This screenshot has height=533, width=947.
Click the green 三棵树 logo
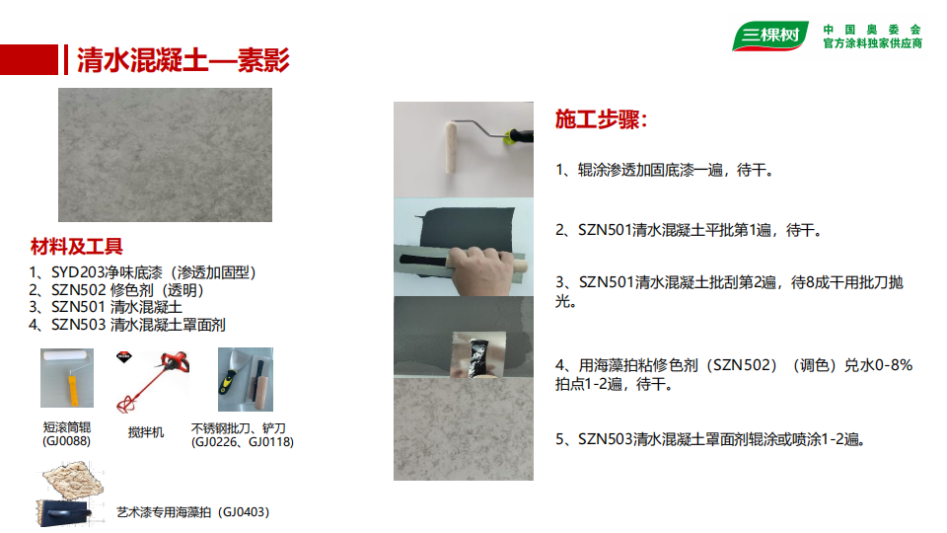click(x=770, y=36)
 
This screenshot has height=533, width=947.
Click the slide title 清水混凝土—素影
click(x=183, y=60)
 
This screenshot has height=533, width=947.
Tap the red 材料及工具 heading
click(x=77, y=247)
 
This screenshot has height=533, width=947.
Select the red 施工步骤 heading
click(x=601, y=119)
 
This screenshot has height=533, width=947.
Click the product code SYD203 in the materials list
click(x=77, y=272)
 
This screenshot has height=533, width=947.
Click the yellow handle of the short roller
click(x=72, y=391)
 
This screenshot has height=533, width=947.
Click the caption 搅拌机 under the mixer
click(x=146, y=432)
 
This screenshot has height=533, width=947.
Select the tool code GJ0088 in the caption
click(x=66, y=441)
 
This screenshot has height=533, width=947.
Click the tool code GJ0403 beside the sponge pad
click(x=244, y=512)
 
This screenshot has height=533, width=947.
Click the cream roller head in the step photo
click(x=450, y=147)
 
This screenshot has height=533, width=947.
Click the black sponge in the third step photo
click(x=480, y=357)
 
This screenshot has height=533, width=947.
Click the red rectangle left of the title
click(x=29, y=60)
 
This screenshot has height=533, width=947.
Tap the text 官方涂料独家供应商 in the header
click(x=873, y=43)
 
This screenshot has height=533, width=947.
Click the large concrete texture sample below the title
click(x=165, y=155)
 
